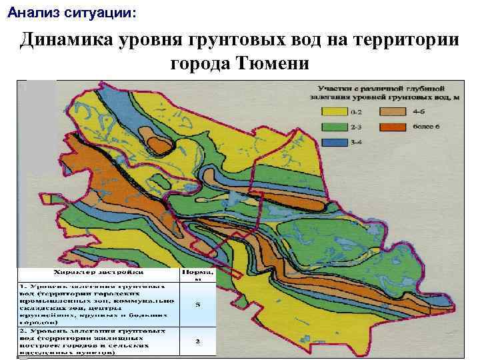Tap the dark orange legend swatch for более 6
tap(393, 127)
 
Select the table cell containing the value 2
tap(197, 340)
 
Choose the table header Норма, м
tap(197, 275)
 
